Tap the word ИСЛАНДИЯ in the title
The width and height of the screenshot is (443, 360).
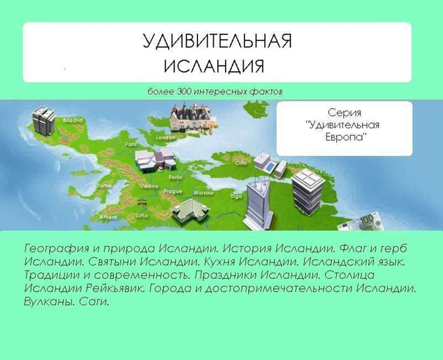click(214, 65)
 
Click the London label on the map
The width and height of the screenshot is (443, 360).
click(165, 137)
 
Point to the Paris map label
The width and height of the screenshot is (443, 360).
click(131, 144)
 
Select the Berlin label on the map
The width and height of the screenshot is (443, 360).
click(175, 178)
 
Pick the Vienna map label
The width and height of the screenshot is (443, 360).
click(148, 187)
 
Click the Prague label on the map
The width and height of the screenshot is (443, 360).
click(173, 191)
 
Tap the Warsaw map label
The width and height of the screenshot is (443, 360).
click(203, 193)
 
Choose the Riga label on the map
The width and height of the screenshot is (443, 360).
click(236, 196)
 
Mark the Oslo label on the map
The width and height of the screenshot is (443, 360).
click(241, 163)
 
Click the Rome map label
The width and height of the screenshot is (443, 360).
click(104, 185)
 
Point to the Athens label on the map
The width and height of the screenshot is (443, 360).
click(108, 217)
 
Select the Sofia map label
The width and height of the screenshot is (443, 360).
click(142, 215)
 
